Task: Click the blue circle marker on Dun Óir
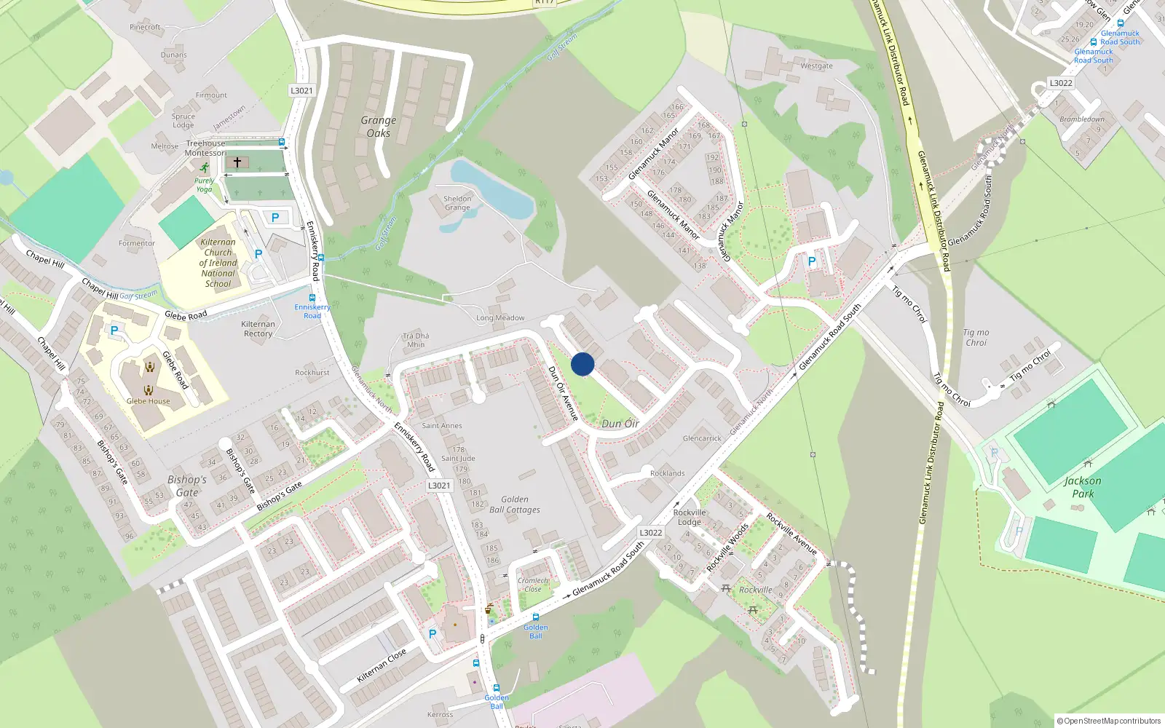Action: pyautogui.click(x=582, y=364)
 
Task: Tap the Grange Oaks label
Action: pyautogui.click(x=379, y=127)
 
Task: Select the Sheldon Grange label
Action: pyautogui.click(x=457, y=203)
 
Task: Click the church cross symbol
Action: pyautogui.click(x=237, y=162)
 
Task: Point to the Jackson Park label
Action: pyautogui.click(x=1083, y=487)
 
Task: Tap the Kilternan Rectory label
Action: pyautogui.click(x=258, y=329)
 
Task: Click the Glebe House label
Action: pyautogui.click(x=148, y=401)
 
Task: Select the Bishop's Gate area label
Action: pyautogui.click(x=187, y=486)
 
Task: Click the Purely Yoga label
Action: pyautogui.click(x=205, y=185)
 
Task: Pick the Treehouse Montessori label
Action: pyautogui.click(x=205, y=149)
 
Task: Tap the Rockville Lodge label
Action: pyautogui.click(x=690, y=517)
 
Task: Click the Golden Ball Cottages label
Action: pyautogui.click(x=515, y=505)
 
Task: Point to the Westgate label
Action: pyautogui.click(x=816, y=66)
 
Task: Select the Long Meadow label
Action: pyautogui.click(x=500, y=318)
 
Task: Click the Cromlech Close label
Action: pyautogui.click(x=533, y=585)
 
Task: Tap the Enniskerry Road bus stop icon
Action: pyautogui.click(x=312, y=298)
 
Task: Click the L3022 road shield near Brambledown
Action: pyautogui.click(x=1061, y=83)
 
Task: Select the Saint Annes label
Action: pyautogui.click(x=442, y=426)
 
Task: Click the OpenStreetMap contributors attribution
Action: pyautogui.click(x=1109, y=721)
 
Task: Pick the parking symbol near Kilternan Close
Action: pyautogui.click(x=433, y=634)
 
